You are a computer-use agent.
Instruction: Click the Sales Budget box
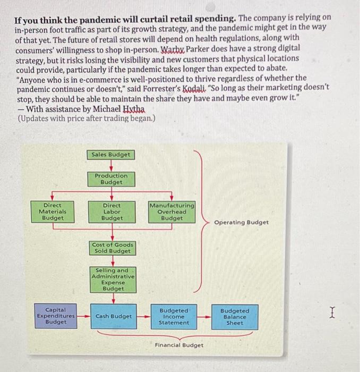pos(111,155)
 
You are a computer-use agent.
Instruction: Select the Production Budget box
pos(112,179)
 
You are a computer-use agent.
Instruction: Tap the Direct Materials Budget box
pos(52,212)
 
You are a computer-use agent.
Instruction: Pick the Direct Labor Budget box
pos(112,212)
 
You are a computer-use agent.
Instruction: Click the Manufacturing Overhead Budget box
pos(172,212)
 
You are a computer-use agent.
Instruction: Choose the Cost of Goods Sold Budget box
pos(113,248)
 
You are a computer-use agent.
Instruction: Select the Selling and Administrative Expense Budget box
pos(113,280)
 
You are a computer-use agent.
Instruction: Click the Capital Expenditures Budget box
pos(55,315)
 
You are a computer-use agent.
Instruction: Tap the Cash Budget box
pos(114,316)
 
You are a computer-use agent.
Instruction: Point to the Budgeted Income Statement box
pos(174,316)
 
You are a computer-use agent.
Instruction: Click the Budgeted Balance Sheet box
pos(234,316)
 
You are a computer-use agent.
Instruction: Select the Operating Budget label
pos(242,222)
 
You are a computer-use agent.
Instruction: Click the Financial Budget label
pos(179,345)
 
